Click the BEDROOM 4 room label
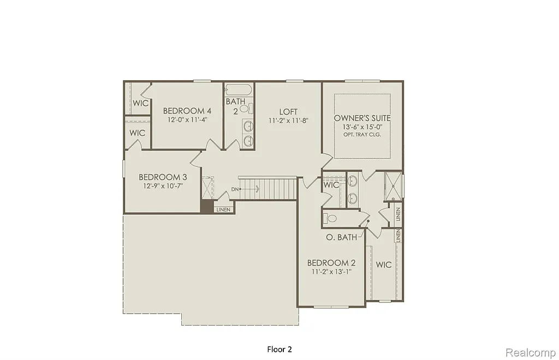[x=187, y=110]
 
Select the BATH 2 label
[x=235, y=105]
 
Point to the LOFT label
[x=288, y=112]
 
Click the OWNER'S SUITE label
[x=362, y=118]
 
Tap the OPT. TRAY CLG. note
[x=362, y=134]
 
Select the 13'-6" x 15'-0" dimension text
[x=362, y=127]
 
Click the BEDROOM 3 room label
[x=163, y=177]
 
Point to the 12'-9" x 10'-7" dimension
[x=163, y=185]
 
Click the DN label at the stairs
[x=235, y=189]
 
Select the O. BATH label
[x=341, y=237]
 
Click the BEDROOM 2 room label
[x=328, y=262]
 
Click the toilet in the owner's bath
[x=331, y=218]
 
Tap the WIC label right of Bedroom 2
[x=384, y=265]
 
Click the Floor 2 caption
[x=279, y=349]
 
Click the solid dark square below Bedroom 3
[x=207, y=207]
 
